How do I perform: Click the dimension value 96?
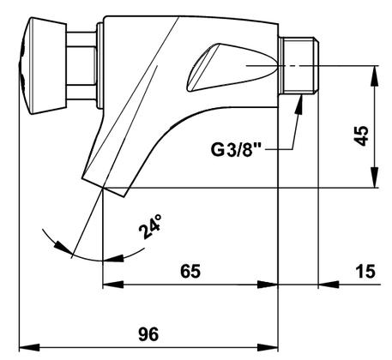coord(148,334)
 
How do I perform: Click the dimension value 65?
coord(190,271)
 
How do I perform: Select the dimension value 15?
coord(365,271)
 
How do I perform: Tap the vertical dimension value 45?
coord(361,135)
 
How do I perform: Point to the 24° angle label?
coord(150,227)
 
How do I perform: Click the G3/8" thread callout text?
coord(237,149)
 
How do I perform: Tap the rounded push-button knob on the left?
coord(42,66)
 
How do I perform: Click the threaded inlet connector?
coord(299,65)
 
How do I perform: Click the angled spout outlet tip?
coord(104,187)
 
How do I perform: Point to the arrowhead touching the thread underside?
coord(299,105)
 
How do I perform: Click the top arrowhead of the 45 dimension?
coord(374,75)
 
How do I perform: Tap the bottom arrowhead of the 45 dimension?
coord(374,178)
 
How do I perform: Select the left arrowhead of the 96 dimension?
coord(29,348)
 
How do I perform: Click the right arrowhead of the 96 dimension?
coord(268,348)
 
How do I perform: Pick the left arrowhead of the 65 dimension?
coord(113,285)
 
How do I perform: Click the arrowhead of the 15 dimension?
coord(329,285)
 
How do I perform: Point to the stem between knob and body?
coord(81,66)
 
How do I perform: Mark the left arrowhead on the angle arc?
coord(63,247)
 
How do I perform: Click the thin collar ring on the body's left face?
coord(100,65)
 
